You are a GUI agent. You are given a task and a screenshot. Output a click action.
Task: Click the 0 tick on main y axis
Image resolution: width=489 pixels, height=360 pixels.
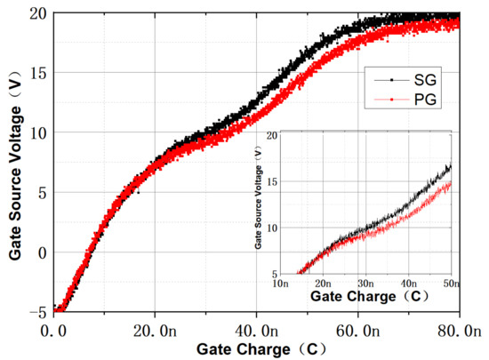click(42, 252)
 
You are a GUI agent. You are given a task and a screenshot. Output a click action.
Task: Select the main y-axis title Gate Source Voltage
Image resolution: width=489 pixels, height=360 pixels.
click(15, 164)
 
